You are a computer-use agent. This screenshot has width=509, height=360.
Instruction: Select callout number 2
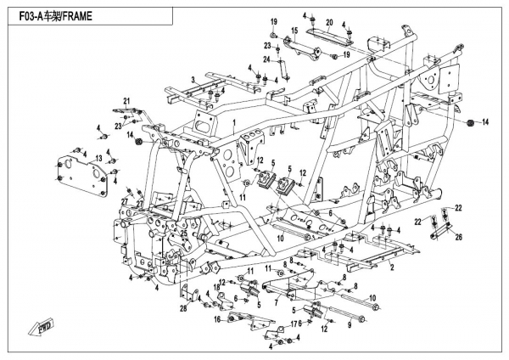point(391,267)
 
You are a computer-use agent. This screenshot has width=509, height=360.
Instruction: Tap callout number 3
point(193,79)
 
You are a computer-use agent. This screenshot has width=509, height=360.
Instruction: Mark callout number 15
point(294,31)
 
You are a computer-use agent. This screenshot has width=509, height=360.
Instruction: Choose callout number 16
point(217,319)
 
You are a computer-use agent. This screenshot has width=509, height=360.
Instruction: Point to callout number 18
point(216,289)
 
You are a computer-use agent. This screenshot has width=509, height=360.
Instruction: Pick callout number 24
point(266,59)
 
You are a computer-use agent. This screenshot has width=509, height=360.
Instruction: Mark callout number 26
point(460,237)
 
